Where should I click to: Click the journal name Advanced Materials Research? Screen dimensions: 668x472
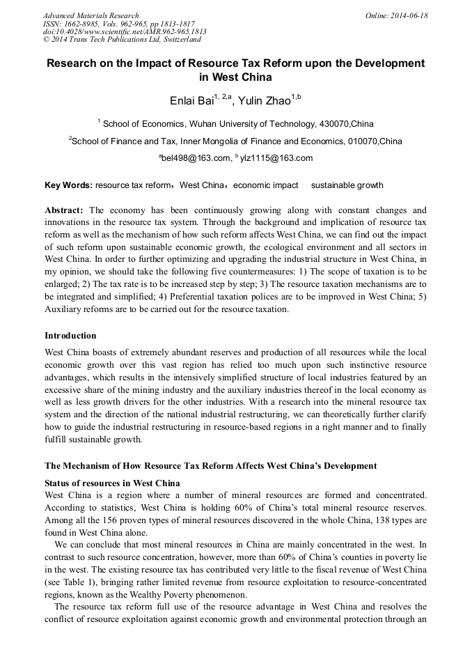point(91,15)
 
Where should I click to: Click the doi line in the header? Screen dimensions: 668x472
point(125,31)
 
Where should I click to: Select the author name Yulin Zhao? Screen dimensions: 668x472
point(265,102)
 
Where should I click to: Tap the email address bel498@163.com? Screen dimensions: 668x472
point(196,158)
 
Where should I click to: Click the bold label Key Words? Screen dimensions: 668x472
point(68,185)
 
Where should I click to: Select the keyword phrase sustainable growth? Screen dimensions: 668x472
point(347,185)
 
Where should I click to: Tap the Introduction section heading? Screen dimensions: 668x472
point(70,335)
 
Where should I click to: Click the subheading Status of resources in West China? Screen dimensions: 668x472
point(112,483)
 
